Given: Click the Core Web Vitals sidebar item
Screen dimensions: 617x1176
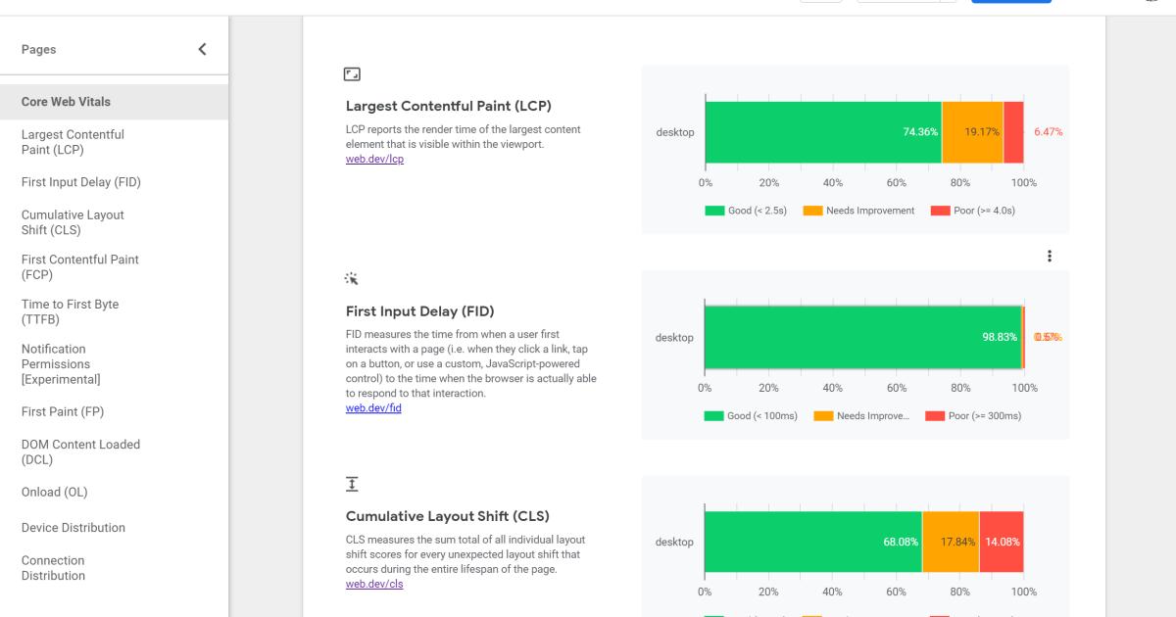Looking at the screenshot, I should [67, 102].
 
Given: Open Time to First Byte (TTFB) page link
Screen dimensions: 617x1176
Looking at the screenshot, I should [70, 311].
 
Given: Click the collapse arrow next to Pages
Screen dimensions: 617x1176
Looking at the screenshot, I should [202, 49].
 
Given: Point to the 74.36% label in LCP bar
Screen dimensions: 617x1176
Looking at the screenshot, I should [920, 132].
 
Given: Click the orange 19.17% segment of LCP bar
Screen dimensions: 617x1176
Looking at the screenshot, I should [972, 132].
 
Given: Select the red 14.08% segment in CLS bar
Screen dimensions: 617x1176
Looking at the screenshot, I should [1001, 542].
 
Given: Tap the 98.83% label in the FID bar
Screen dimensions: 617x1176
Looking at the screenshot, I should [1000, 337].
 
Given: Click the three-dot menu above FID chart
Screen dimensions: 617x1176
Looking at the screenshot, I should [1050, 256].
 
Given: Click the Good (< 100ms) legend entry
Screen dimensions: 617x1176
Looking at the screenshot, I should [751, 415].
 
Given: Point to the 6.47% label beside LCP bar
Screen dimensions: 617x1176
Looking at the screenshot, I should [1048, 132].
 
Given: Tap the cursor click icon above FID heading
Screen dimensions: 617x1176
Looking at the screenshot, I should [352, 279].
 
